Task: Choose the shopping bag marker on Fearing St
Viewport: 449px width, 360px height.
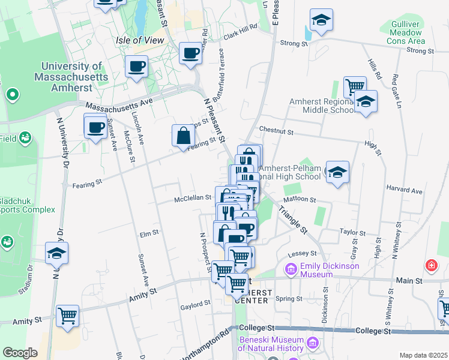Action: point(182,136)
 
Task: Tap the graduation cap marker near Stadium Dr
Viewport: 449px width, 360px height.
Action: point(56,254)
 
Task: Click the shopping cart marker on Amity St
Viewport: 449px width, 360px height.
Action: point(67,314)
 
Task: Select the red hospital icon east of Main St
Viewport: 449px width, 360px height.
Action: point(431,265)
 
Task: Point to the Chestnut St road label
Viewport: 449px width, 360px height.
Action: point(276,130)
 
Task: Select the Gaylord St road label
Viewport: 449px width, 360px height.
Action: point(194,307)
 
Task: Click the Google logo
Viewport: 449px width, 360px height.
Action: point(20,353)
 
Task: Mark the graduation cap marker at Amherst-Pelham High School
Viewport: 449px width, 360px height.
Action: point(337,173)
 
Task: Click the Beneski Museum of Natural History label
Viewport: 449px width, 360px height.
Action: point(272,343)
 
